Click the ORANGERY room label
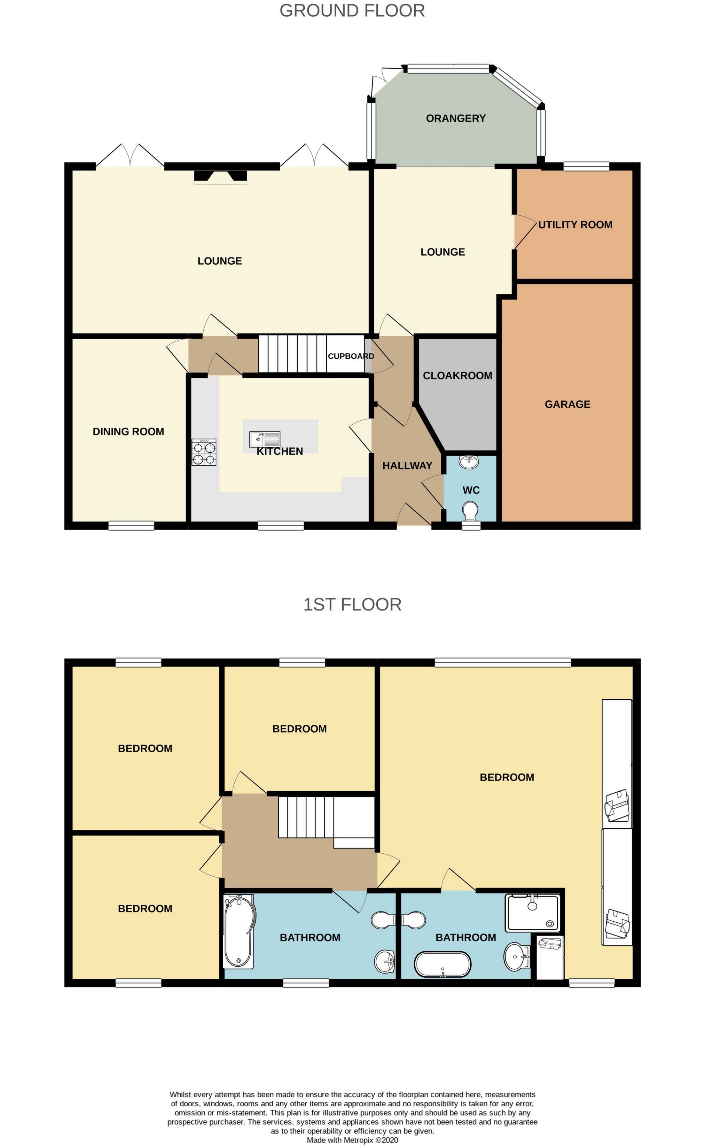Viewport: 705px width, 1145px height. pyautogui.click(x=455, y=118)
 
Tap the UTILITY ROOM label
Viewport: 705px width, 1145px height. pyautogui.click(x=575, y=225)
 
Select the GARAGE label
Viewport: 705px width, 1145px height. pyautogui.click(x=567, y=405)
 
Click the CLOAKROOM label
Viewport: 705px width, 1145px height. pyautogui.click(x=457, y=376)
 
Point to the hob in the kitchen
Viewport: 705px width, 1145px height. pyautogui.click(x=204, y=452)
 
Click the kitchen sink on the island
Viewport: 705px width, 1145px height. pyautogui.click(x=264, y=439)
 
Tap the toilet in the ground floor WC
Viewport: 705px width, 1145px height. pyautogui.click(x=470, y=511)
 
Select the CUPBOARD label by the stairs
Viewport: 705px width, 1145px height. pyautogui.click(x=351, y=356)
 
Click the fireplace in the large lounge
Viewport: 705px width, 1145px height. pyautogui.click(x=220, y=176)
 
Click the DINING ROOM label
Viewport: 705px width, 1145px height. pyautogui.click(x=128, y=432)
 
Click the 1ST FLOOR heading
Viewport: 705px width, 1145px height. pyautogui.click(x=352, y=605)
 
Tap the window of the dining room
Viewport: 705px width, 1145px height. pyautogui.click(x=131, y=526)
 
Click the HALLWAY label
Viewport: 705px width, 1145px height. pyautogui.click(x=407, y=466)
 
